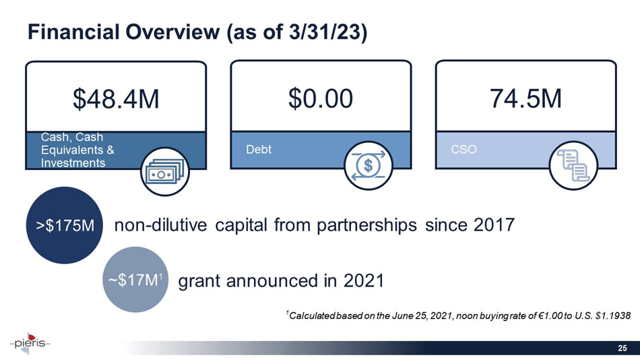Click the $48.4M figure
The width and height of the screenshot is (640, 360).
point(116,100)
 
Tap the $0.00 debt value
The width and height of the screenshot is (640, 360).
point(321,100)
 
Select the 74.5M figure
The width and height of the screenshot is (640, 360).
point(525,100)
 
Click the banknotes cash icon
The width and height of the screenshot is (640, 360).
point(164,172)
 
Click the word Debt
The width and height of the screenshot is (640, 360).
point(259,149)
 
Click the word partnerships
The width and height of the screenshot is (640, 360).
point(350,225)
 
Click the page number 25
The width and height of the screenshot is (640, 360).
point(623,348)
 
